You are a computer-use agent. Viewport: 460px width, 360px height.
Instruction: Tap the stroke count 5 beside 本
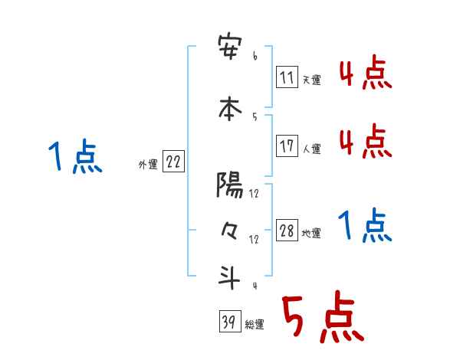click(254, 116)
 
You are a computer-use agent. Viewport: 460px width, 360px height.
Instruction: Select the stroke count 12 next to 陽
click(254, 194)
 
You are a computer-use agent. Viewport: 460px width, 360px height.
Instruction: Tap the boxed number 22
click(173, 162)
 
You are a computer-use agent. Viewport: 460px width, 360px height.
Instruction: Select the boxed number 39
click(228, 322)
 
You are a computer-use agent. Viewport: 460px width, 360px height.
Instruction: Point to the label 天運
click(311, 79)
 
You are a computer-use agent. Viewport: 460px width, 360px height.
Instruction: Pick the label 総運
click(255, 325)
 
